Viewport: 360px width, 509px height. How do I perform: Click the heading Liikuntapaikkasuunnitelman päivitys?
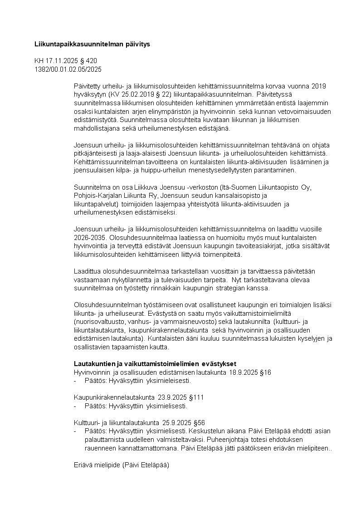(x=92, y=44)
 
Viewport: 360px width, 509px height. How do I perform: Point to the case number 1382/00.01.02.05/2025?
(x=68, y=69)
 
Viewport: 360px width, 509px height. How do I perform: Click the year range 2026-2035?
(x=88, y=237)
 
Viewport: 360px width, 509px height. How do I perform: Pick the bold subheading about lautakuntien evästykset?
(x=155, y=364)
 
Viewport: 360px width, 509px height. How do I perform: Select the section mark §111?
(x=196, y=397)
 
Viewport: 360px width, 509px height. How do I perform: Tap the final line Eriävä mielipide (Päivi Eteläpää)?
(x=122, y=465)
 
